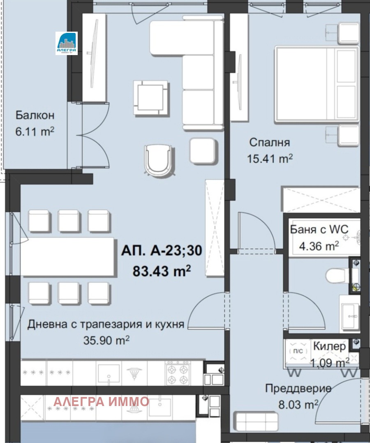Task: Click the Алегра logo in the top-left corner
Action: pyautogui.click(x=66, y=43)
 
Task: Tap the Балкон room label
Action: pyautogui.click(x=35, y=115)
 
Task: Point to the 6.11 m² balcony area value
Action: pyautogui.click(x=35, y=132)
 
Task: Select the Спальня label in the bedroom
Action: pyautogui.click(x=270, y=142)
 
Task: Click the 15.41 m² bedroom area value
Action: pyautogui.click(x=270, y=158)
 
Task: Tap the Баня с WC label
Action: pyautogui.click(x=319, y=229)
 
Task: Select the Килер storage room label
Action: pyautogui.click(x=329, y=346)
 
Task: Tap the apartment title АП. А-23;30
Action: pyautogui.click(x=162, y=251)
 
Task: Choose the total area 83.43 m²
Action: pyautogui.click(x=162, y=270)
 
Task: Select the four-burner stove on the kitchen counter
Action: pyautogui.click(x=176, y=373)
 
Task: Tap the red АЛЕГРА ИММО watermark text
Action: pyautogui.click(x=101, y=401)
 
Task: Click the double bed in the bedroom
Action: pyautogui.click(x=317, y=84)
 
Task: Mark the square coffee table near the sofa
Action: pyautogui.click(x=151, y=95)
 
